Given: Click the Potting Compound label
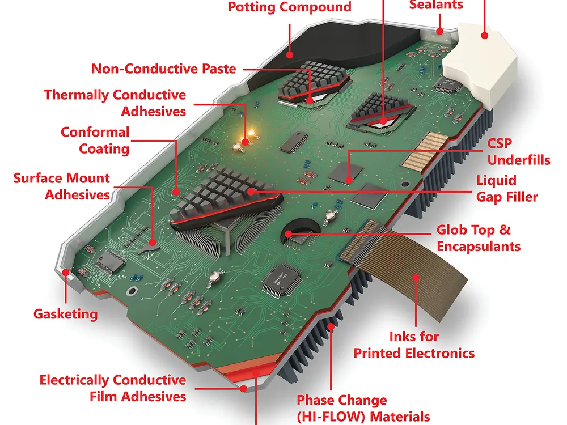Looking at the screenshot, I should [289, 7].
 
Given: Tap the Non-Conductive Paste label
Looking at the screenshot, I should [164, 69].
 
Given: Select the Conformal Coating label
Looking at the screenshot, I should [95, 141].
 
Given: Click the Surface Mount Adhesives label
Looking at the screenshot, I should [61, 186].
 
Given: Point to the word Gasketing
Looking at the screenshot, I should [65, 313].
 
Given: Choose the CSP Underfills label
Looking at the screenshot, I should [518, 151].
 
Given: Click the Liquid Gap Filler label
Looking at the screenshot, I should [506, 189].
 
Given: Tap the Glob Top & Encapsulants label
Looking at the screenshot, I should [478, 239].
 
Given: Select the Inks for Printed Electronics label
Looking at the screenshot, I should [414, 345].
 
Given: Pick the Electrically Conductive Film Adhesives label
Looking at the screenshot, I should [113, 388].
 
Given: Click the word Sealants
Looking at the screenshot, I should [435, 5].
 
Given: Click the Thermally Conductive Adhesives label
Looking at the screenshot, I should [115, 103].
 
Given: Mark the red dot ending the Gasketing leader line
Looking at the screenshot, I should [66, 273].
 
